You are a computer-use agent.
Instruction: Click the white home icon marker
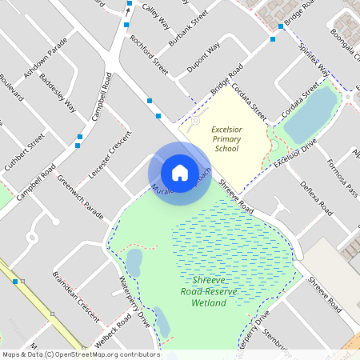coord(180,172)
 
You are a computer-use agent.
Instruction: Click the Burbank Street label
coord(189,29)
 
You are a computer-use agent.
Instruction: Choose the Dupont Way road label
coord(203,58)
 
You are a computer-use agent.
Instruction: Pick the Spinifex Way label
coord(315,61)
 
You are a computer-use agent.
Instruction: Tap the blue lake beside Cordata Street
coord(310,113)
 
